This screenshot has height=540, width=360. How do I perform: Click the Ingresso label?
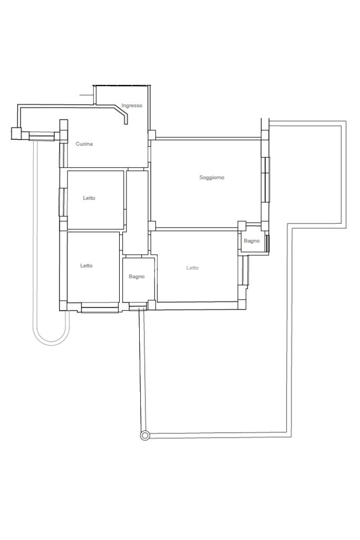click(x=132, y=105)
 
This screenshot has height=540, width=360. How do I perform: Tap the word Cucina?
click(x=84, y=143)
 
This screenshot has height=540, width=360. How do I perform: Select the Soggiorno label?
click(x=212, y=177)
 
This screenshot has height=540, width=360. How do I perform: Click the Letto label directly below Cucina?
click(x=89, y=198)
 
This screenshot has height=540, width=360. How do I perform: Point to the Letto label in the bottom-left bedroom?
click(x=86, y=266)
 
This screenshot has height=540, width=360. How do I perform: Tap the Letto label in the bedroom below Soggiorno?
click(x=192, y=267)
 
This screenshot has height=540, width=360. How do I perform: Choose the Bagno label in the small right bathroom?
click(x=251, y=240)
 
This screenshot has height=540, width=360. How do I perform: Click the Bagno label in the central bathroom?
click(x=137, y=276)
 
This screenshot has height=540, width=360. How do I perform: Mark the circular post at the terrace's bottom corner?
click(x=145, y=436)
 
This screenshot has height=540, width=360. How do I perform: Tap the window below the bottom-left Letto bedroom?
click(x=100, y=307)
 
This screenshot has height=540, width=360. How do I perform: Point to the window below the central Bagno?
click(x=138, y=306)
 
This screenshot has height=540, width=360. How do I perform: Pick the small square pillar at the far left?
click(x=16, y=133)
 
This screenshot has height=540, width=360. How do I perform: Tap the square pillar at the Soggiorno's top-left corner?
click(x=152, y=134)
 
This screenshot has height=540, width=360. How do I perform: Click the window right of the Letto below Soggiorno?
click(x=245, y=271)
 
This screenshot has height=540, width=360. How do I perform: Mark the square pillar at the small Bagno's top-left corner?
click(x=242, y=226)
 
